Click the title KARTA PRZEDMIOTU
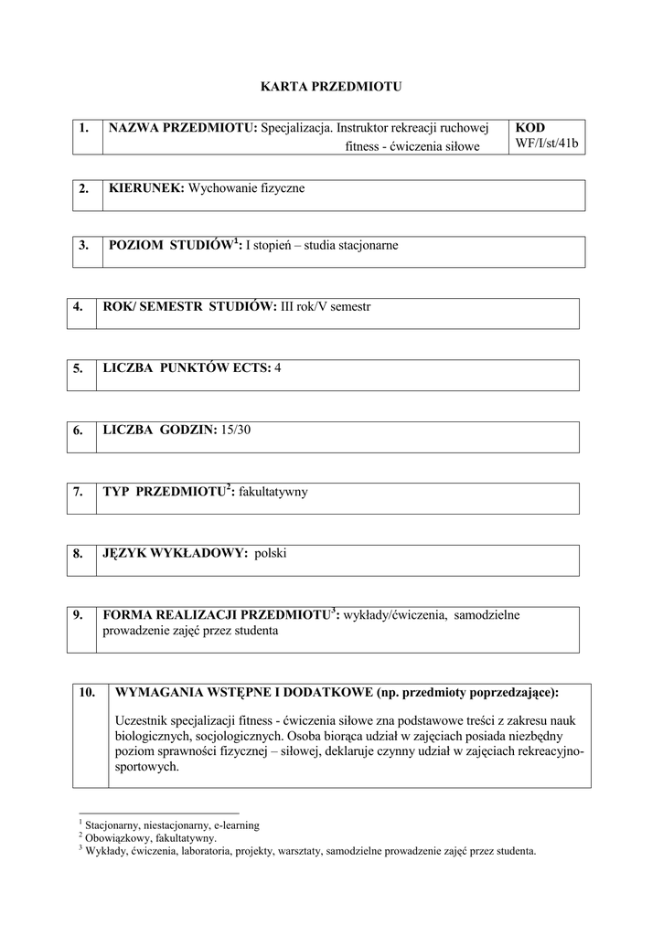coord(331,87)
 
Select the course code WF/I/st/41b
coord(548,144)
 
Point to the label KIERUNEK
coord(146,188)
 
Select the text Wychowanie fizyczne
coord(247,188)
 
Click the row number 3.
coord(83,245)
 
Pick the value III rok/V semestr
coord(326,307)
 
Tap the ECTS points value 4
coord(278,367)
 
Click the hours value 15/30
coord(235,430)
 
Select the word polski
coord(271,553)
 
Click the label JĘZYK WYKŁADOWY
coord(176,553)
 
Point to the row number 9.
coord(79,615)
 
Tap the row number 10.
coord(88,692)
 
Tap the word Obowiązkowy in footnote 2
coord(114,837)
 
